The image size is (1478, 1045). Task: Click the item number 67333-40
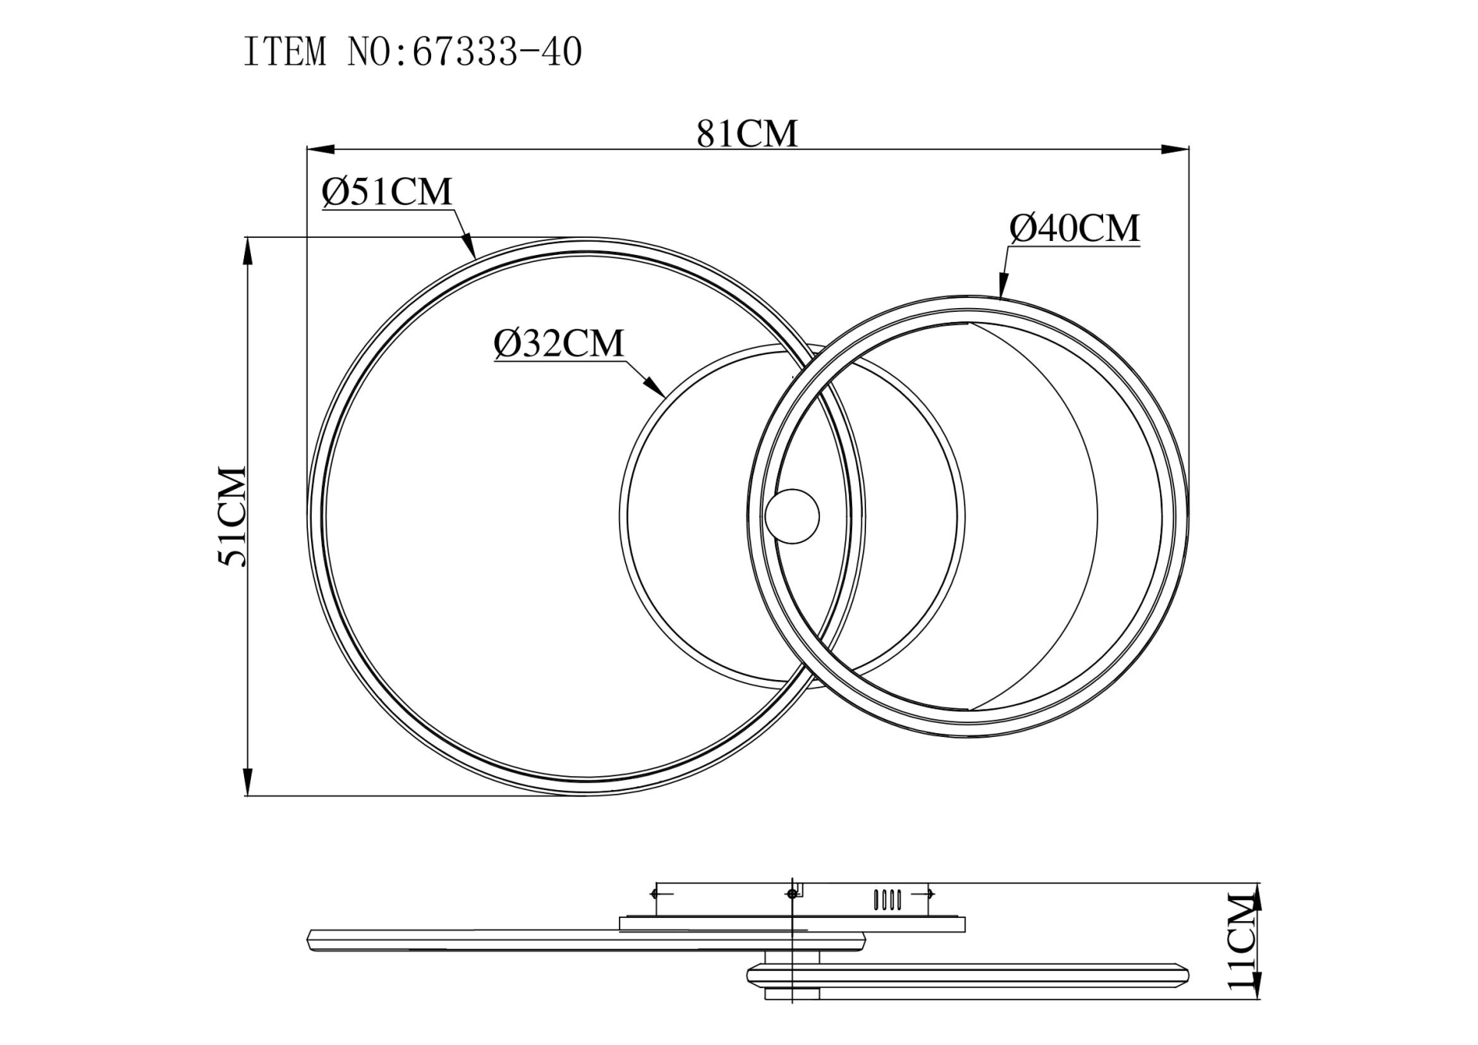coord(497,52)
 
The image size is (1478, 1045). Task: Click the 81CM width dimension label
coord(747,133)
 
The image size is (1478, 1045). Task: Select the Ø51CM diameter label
coord(387,192)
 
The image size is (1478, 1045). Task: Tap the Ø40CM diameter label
coord(1074,229)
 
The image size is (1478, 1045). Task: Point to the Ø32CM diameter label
coord(559,343)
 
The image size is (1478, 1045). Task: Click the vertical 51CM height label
coord(232,516)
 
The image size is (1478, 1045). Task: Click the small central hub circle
coord(792,517)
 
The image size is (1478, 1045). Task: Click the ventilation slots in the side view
coord(888,899)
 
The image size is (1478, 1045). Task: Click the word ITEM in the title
coord(285,52)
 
